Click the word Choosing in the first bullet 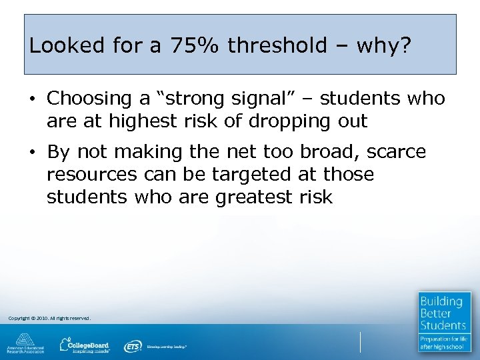coord(89,99)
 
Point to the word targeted coord(248,175)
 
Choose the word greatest coord(253,197)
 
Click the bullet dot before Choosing coord(31,99)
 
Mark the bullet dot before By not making coord(31,153)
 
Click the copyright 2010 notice coord(49,319)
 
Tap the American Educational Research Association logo coord(25,343)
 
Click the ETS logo coord(132,346)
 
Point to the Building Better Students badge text coord(443,313)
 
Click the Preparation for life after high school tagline coord(443,343)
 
